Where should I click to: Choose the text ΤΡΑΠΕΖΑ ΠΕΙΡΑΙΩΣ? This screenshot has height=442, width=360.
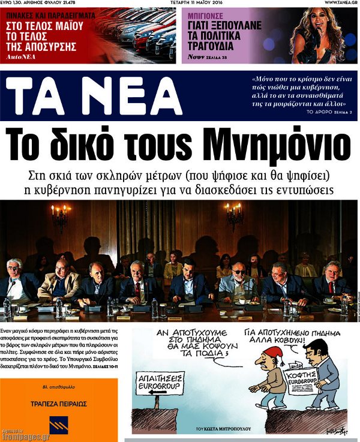(59, 397)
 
